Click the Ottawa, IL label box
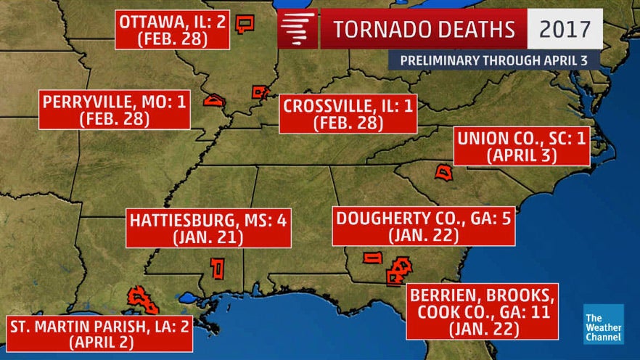[x=173, y=30]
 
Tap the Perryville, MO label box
[x=115, y=110]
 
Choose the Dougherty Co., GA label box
[x=424, y=226]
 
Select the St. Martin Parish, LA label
[x=99, y=332]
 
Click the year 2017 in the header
[x=565, y=29]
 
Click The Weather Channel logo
[x=603, y=324]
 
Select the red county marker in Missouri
[x=215, y=100]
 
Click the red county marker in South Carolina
[x=444, y=172]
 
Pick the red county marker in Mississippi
[x=216, y=268]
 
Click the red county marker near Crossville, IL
[x=259, y=91]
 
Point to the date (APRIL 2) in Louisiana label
[x=99, y=341]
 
